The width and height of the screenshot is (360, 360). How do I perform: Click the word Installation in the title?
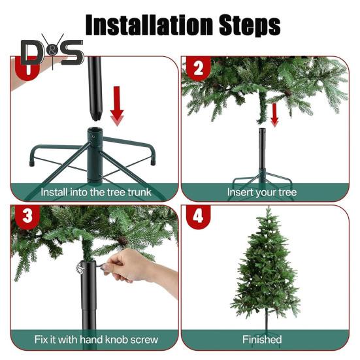[x=149, y=25]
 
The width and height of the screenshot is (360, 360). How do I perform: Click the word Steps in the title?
[x=250, y=25]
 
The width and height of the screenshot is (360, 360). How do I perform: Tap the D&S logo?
[x=52, y=52]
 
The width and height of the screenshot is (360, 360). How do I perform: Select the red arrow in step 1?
[x=117, y=106]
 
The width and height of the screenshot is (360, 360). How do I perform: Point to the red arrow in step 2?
[x=274, y=115]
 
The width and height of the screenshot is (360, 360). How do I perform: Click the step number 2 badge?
[x=199, y=68]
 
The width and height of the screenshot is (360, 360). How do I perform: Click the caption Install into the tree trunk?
[x=96, y=192]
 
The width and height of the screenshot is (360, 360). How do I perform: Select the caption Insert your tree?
[x=262, y=192]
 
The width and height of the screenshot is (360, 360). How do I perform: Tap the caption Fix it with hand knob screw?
[x=96, y=340]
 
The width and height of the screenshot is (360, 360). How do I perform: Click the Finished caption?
[x=262, y=340]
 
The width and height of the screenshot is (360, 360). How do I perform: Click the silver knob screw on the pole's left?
[x=79, y=267]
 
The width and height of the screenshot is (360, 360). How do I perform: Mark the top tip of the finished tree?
[x=269, y=206]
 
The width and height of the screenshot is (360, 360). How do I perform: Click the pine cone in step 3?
[x=122, y=240]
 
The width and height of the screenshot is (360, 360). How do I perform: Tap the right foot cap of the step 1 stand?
[x=153, y=162]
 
